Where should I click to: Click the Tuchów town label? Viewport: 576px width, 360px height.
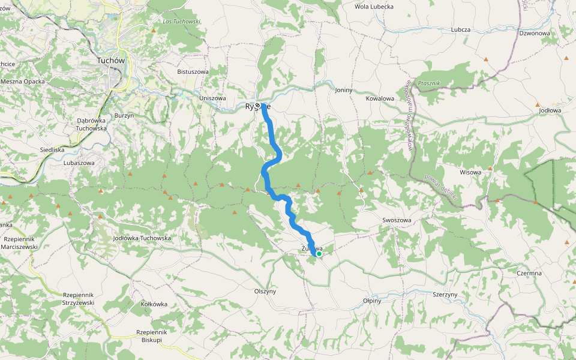point(110,61)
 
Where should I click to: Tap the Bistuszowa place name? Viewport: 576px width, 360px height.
point(193,72)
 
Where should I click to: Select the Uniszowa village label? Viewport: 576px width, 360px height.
point(212,98)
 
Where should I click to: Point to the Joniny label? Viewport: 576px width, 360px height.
point(343,90)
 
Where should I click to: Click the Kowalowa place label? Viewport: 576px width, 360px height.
point(380,98)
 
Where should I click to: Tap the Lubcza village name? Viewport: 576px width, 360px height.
point(461,29)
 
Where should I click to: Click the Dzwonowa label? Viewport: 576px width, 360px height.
point(534,34)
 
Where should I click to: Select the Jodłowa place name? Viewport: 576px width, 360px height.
point(550,110)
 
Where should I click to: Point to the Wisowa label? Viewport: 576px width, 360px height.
point(470,172)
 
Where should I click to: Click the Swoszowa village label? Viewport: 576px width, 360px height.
point(397,220)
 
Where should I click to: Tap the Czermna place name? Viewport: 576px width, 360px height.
point(529,273)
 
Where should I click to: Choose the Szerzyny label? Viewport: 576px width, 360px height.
point(445,295)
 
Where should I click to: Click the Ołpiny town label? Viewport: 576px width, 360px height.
point(372,301)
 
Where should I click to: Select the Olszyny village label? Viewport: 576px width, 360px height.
point(265,291)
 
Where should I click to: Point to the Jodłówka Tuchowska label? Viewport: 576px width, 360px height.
point(142,238)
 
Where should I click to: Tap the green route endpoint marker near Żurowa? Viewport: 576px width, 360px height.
point(319,254)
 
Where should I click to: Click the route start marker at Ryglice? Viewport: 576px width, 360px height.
point(258,106)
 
